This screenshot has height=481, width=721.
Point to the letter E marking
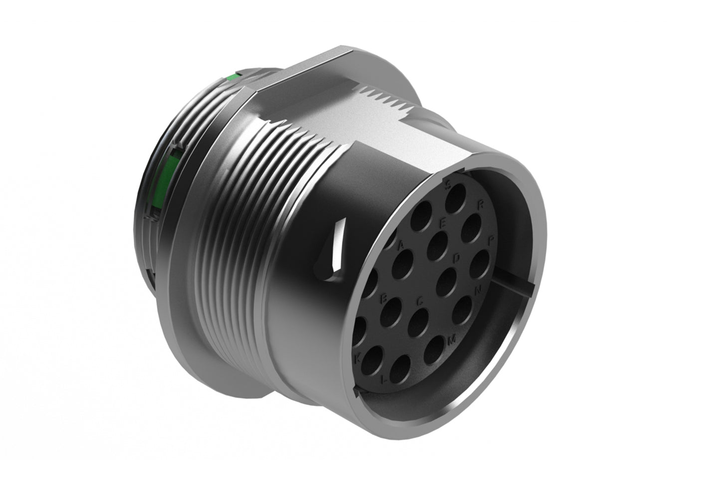pos(442,224)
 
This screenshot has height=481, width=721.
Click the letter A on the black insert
pos(399,245)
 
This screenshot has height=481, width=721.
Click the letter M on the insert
pos(452,340)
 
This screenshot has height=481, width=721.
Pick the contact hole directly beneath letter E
pos(438,242)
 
